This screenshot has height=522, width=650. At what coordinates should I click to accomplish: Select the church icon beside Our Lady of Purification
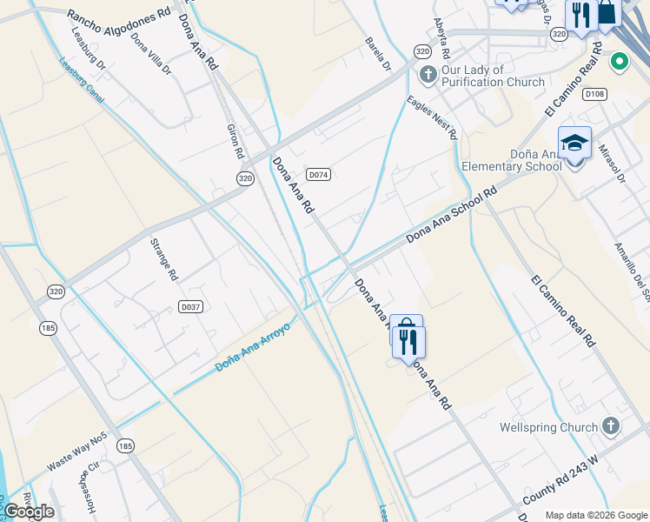(427, 74)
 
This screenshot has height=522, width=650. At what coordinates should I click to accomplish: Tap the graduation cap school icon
(574, 144)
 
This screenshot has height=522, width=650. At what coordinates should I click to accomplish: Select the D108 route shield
(594, 94)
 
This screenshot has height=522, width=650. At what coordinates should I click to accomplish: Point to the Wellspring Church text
(549, 427)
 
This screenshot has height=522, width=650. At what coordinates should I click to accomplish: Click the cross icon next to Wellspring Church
(611, 426)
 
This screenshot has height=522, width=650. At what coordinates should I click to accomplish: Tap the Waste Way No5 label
(77, 452)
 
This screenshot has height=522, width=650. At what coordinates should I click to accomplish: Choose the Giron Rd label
(235, 139)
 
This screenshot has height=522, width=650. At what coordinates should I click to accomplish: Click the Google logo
(29, 511)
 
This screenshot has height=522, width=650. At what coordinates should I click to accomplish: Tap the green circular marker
(619, 62)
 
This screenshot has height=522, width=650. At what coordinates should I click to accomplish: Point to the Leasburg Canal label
(82, 80)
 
